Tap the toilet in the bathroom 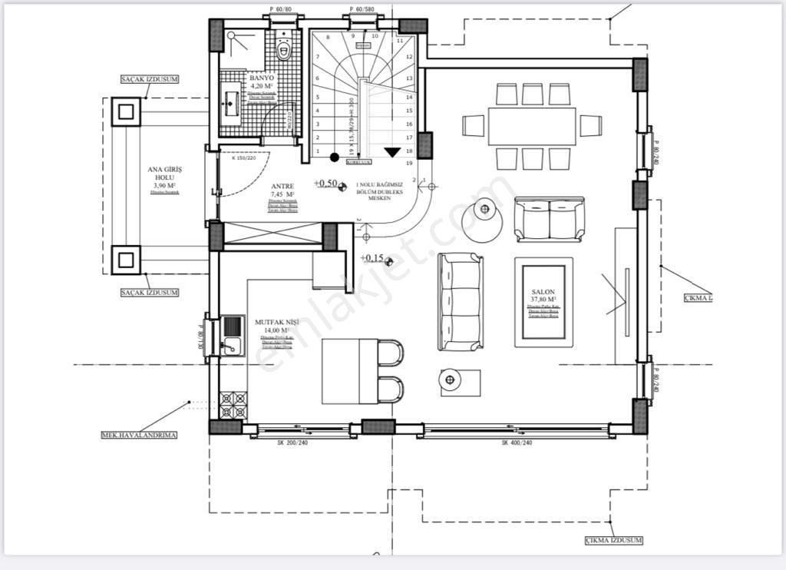pos(284,50)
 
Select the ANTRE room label pos(282,186)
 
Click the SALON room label pos(543,293)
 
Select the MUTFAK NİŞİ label pos(277,322)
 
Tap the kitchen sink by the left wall pos(231,337)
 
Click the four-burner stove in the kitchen pos(233,405)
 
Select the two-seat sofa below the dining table pos(549,219)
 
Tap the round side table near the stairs pos(485,207)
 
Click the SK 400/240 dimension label pos(517,443)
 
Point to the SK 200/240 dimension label pos(292,443)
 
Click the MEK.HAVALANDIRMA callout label pos(139,435)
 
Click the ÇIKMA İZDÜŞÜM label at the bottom pos(613,541)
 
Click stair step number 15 pos(409,111)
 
